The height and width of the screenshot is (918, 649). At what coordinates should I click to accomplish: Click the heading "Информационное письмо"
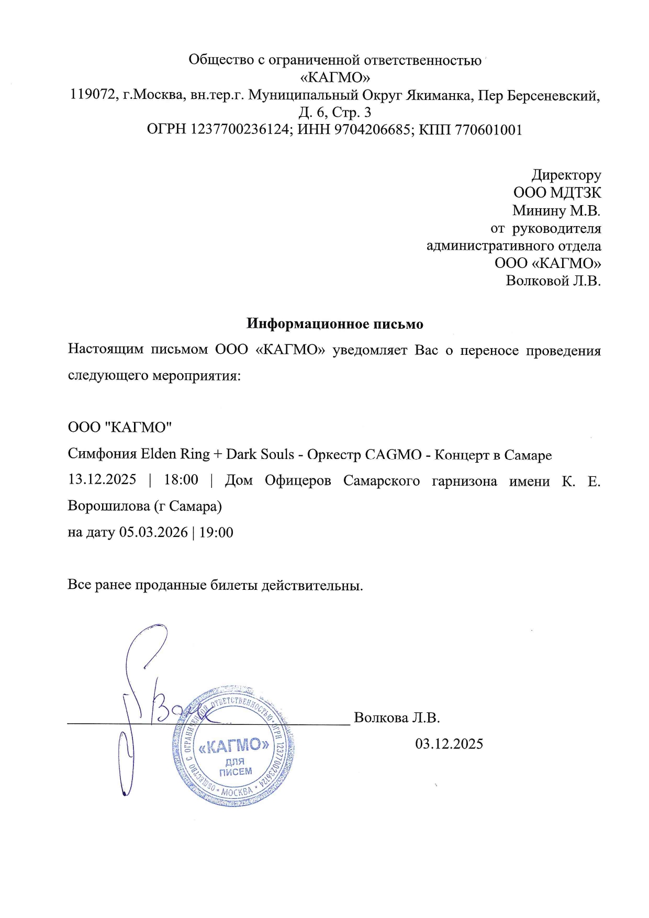click(x=335, y=324)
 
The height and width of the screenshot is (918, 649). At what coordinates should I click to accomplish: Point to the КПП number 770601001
click(x=489, y=129)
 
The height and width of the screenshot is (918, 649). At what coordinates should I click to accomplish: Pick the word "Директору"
click(x=566, y=175)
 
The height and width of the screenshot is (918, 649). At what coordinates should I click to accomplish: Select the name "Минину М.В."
click(x=556, y=210)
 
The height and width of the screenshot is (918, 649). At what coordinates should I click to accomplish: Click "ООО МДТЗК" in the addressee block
click(x=557, y=193)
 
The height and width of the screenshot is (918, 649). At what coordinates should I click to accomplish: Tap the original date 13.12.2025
click(x=102, y=479)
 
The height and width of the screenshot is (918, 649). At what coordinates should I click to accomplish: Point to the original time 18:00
click(x=181, y=479)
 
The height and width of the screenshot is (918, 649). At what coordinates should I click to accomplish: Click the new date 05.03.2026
click(x=153, y=532)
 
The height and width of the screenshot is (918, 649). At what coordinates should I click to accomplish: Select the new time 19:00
click(x=216, y=532)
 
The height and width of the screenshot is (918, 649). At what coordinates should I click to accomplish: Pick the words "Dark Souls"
click(x=260, y=454)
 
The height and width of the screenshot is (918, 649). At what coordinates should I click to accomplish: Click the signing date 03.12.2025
click(x=449, y=743)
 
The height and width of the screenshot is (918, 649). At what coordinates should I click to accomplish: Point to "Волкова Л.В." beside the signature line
click(x=397, y=717)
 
